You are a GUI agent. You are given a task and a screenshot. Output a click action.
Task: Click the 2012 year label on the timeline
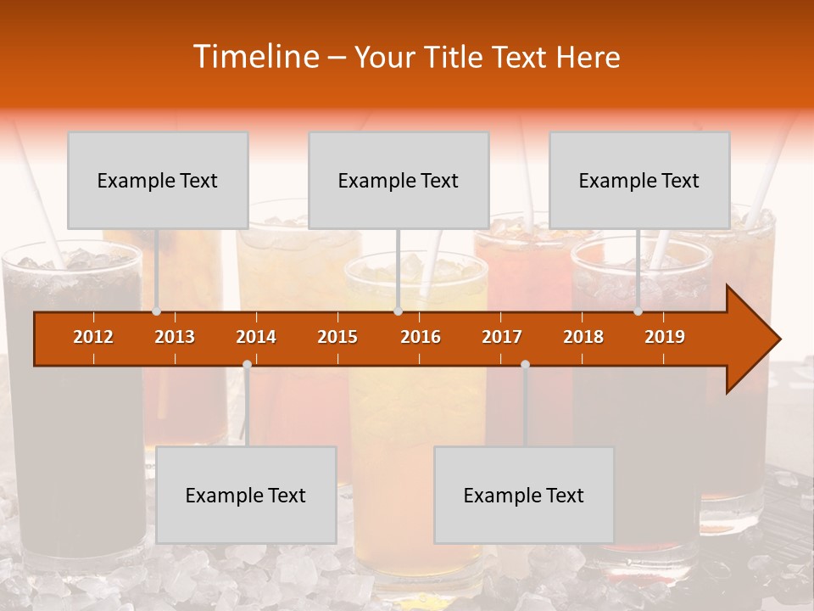(x=93, y=337)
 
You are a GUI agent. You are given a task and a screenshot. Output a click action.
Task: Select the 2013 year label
(x=175, y=337)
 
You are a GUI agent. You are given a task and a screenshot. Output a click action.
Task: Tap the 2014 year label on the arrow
(x=256, y=337)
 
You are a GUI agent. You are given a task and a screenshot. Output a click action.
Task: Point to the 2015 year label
(x=337, y=337)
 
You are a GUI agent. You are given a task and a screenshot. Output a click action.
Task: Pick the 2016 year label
(x=421, y=337)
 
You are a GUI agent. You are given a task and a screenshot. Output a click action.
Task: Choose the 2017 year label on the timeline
(x=502, y=337)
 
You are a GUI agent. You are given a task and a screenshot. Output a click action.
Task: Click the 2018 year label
(x=583, y=337)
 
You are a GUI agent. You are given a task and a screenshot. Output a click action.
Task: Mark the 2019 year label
(x=665, y=337)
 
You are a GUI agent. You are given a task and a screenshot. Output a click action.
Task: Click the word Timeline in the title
(x=254, y=57)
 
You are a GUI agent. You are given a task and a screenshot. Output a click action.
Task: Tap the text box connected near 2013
(x=158, y=180)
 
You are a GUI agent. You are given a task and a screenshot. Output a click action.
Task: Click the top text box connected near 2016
(x=399, y=180)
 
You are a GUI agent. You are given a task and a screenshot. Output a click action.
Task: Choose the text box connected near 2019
(x=639, y=180)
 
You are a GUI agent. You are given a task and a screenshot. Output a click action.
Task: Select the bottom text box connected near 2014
(x=246, y=495)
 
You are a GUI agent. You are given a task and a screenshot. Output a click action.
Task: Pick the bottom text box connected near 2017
(x=524, y=495)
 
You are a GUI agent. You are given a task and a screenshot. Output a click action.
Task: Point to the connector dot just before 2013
(x=157, y=311)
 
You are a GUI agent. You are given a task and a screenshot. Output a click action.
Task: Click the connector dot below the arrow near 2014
(x=247, y=365)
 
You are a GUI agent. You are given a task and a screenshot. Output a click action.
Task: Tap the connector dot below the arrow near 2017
(x=525, y=365)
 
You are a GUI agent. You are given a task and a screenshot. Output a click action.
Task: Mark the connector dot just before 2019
(x=638, y=311)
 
